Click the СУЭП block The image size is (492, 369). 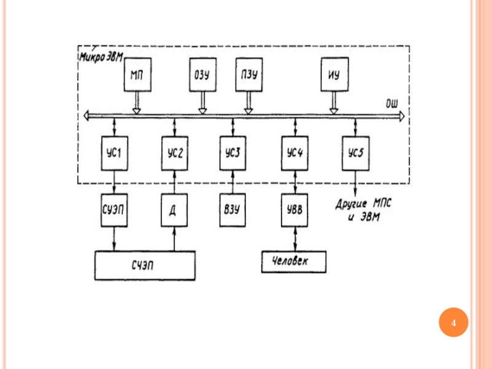(x=114, y=208)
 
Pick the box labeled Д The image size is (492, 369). (x=175, y=208)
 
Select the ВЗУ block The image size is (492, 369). (x=232, y=208)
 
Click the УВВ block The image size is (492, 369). (x=296, y=208)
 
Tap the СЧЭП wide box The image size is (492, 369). (x=145, y=265)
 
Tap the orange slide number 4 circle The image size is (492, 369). (x=453, y=323)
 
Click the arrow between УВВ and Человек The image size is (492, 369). (x=296, y=237)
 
